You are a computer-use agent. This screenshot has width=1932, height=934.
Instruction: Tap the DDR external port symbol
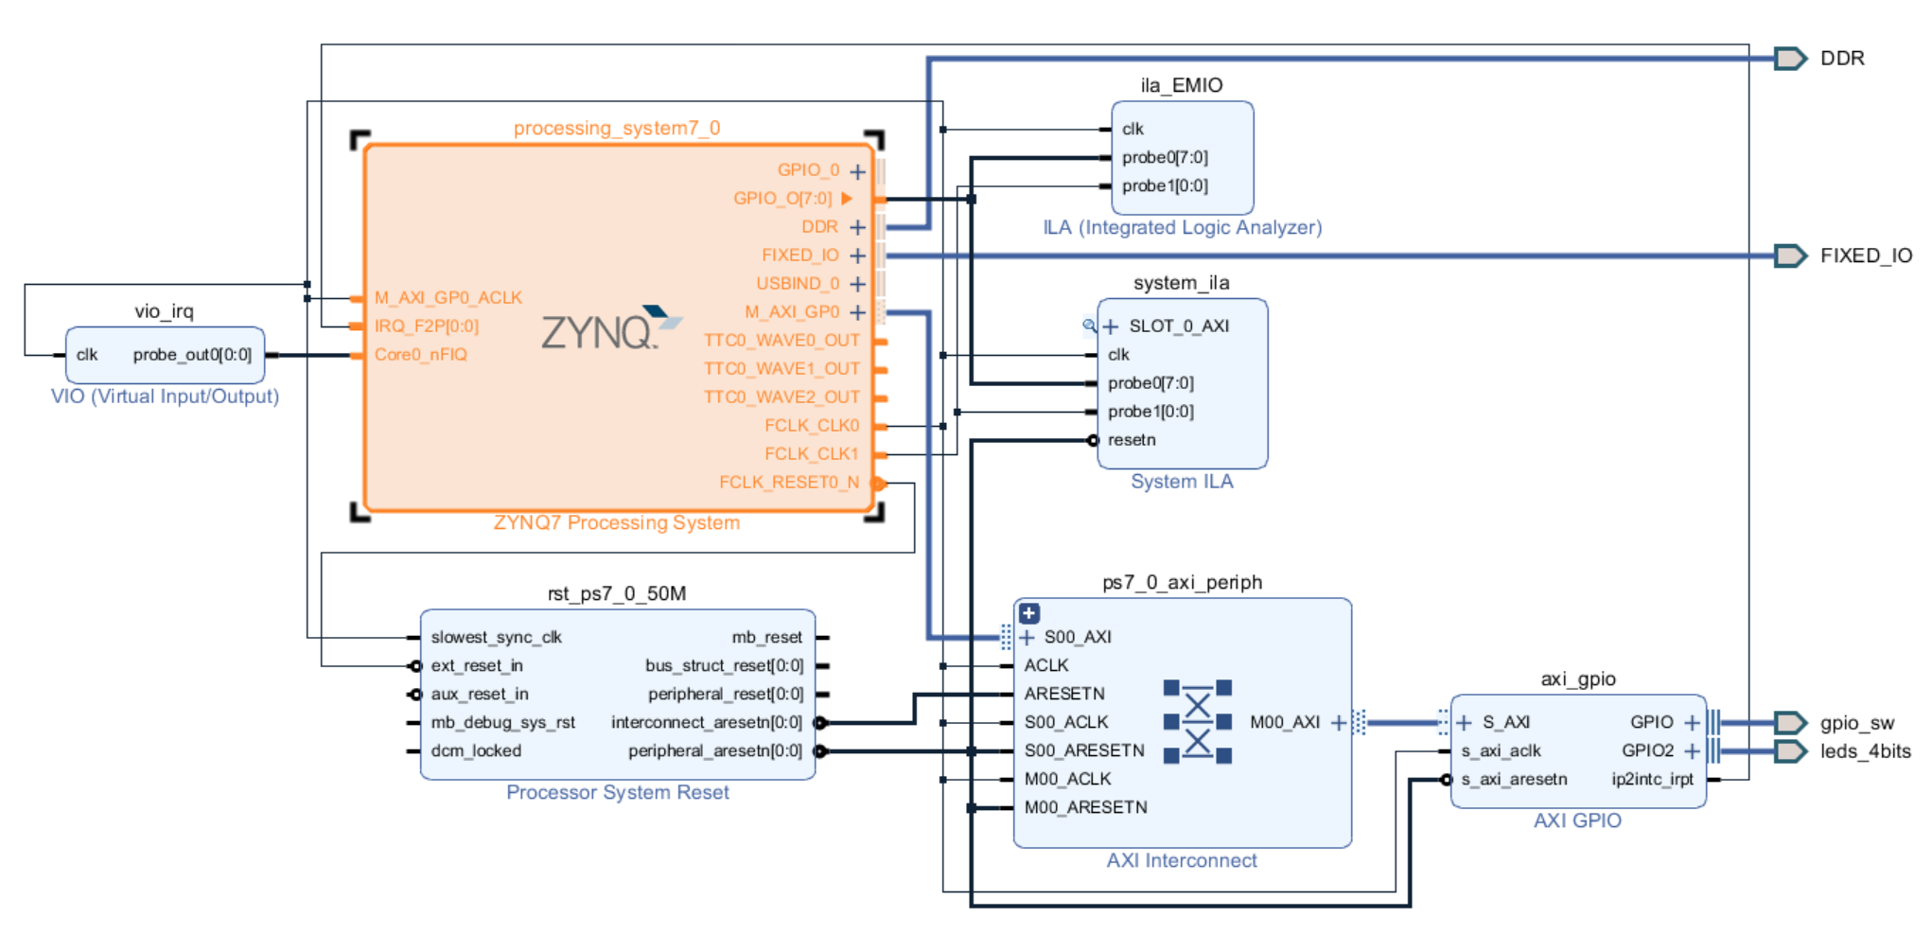pyautogui.click(x=1789, y=59)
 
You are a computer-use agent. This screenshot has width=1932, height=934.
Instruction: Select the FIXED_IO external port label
pyautogui.click(x=1865, y=256)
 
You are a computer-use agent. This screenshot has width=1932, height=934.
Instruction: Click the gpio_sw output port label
pyautogui.click(x=1856, y=723)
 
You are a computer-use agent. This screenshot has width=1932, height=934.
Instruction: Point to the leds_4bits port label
pyautogui.click(x=1864, y=751)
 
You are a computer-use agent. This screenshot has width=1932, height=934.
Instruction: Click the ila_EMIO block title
pyautogui.click(x=1182, y=85)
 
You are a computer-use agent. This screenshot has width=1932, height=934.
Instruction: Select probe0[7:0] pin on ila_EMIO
pyautogui.click(x=1165, y=157)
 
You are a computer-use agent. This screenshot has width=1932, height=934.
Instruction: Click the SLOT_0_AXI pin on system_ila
pyautogui.click(x=1178, y=326)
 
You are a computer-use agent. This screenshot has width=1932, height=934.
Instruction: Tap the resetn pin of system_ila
pyautogui.click(x=1132, y=440)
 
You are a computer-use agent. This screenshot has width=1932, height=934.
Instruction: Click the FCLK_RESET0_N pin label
pyautogui.click(x=788, y=483)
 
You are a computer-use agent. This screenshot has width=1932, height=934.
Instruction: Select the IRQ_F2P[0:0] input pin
pyautogui.click(x=427, y=326)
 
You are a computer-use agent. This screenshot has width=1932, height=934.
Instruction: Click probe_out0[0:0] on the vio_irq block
pyautogui.click(x=192, y=355)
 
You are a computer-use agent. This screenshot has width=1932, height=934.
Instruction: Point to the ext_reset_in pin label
pyautogui.click(x=477, y=666)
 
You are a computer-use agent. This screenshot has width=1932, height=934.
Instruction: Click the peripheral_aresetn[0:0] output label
pyautogui.click(x=714, y=751)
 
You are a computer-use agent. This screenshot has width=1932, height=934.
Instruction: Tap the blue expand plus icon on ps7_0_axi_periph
pyautogui.click(x=1029, y=613)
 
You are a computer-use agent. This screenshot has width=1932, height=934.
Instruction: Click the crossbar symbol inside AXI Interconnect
pyautogui.click(x=1197, y=721)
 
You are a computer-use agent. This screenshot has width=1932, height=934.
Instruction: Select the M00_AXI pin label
pyautogui.click(x=1284, y=723)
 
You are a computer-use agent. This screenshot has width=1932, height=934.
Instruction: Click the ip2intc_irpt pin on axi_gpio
pyautogui.click(x=1652, y=780)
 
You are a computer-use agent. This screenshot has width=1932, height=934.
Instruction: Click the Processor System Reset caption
pyautogui.click(x=617, y=793)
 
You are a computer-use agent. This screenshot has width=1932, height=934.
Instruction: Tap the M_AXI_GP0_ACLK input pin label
pyautogui.click(x=448, y=298)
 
